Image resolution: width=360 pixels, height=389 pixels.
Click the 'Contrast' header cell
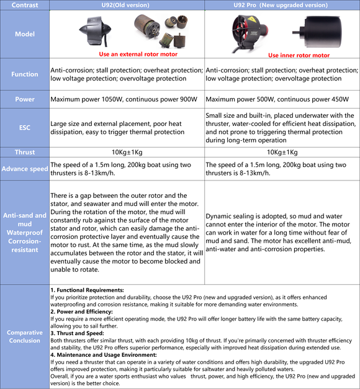25,4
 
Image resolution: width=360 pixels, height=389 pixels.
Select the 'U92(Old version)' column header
127,4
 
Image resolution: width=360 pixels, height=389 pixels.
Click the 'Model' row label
25,34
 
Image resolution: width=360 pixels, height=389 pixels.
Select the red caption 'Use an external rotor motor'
138,54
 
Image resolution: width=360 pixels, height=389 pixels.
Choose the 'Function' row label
25,74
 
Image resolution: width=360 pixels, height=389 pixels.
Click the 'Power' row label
25,99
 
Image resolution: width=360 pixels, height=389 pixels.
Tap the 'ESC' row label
25,127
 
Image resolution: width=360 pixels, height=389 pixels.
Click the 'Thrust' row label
25,152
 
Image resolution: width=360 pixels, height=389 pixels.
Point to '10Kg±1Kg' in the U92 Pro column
282,152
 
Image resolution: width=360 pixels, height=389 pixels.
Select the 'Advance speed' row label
25,169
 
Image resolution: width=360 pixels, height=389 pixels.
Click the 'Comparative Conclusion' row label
25,336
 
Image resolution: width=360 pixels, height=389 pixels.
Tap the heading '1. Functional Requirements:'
87,290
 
